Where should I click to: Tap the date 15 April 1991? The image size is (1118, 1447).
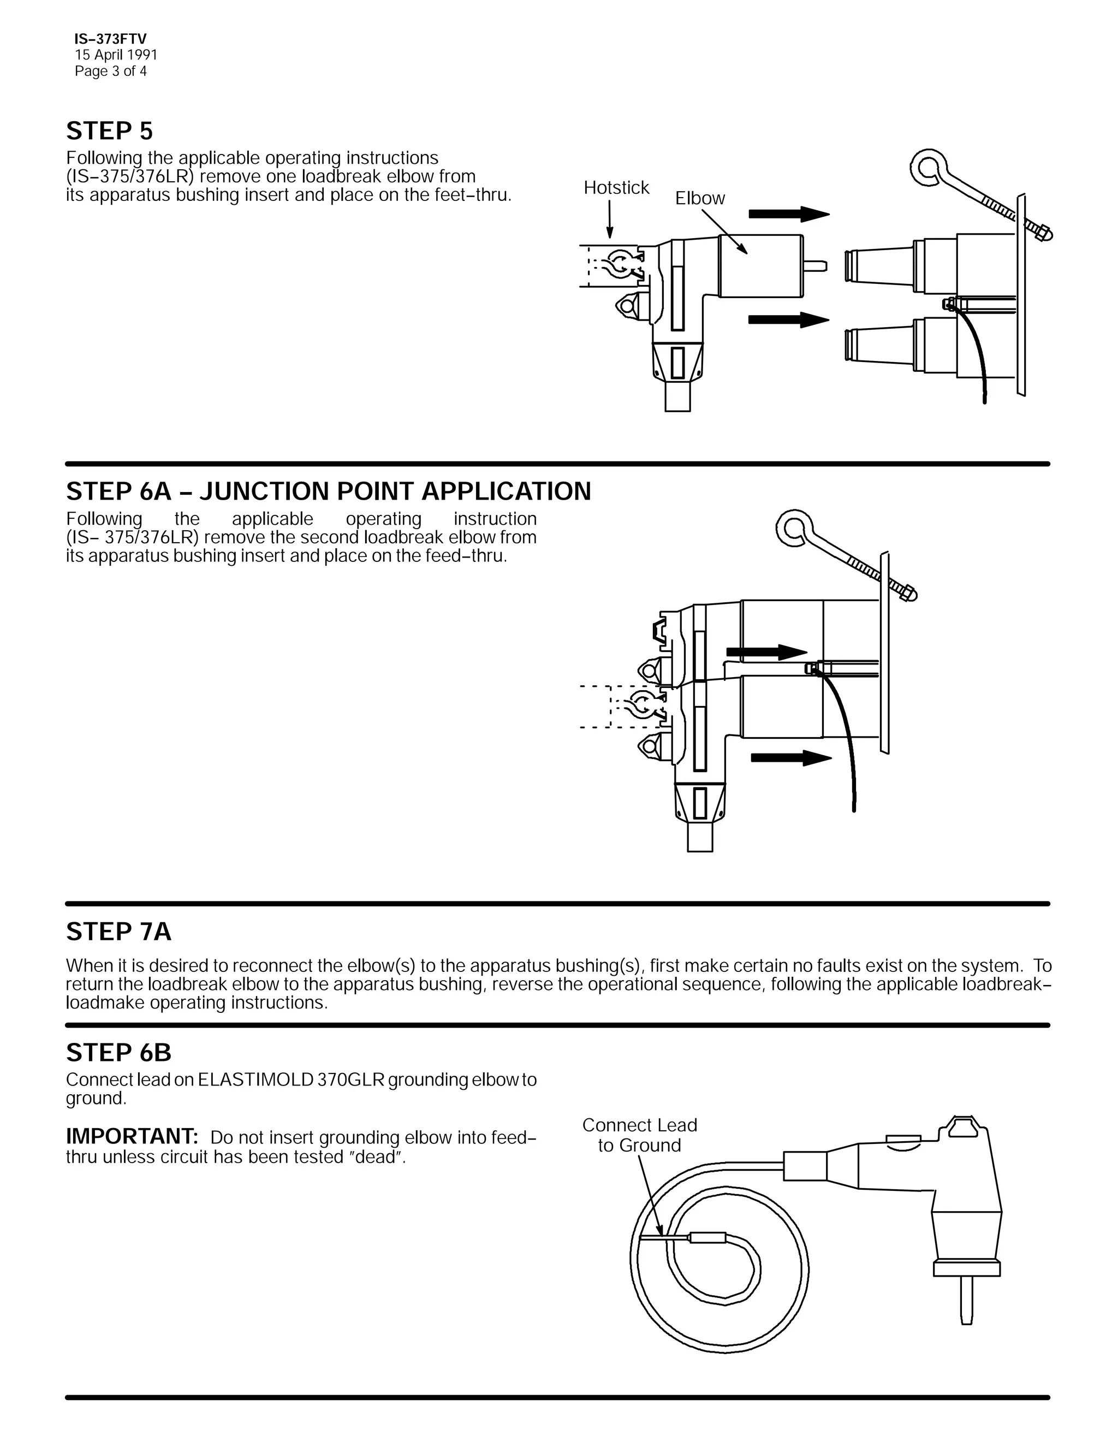pyautogui.click(x=116, y=55)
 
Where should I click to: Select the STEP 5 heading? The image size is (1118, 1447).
pyautogui.click(x=109, y=131)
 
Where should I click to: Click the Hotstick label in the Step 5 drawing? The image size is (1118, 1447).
pyautogui.click(x=616, y=188)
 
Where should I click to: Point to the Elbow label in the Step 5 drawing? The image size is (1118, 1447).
pyautogui.click(x=699, y=198)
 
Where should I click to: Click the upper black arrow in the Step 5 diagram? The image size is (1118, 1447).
pyautogui.click(x=788, y=214)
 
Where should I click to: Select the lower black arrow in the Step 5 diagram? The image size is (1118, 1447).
pyautogui.click(x=788, y=319)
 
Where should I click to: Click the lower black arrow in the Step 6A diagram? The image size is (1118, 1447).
pyautogui.click(x=791, y=757)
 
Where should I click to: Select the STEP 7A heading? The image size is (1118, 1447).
pyautogui.click(x=118, y=932)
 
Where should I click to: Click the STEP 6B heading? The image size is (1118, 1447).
pyautogui.click(x=118, y=1053)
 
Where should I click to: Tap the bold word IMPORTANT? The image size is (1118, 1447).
pyautogui.click(x=132, y=1136)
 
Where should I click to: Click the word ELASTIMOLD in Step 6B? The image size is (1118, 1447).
pyautogui.click(x=255, y=1080)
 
